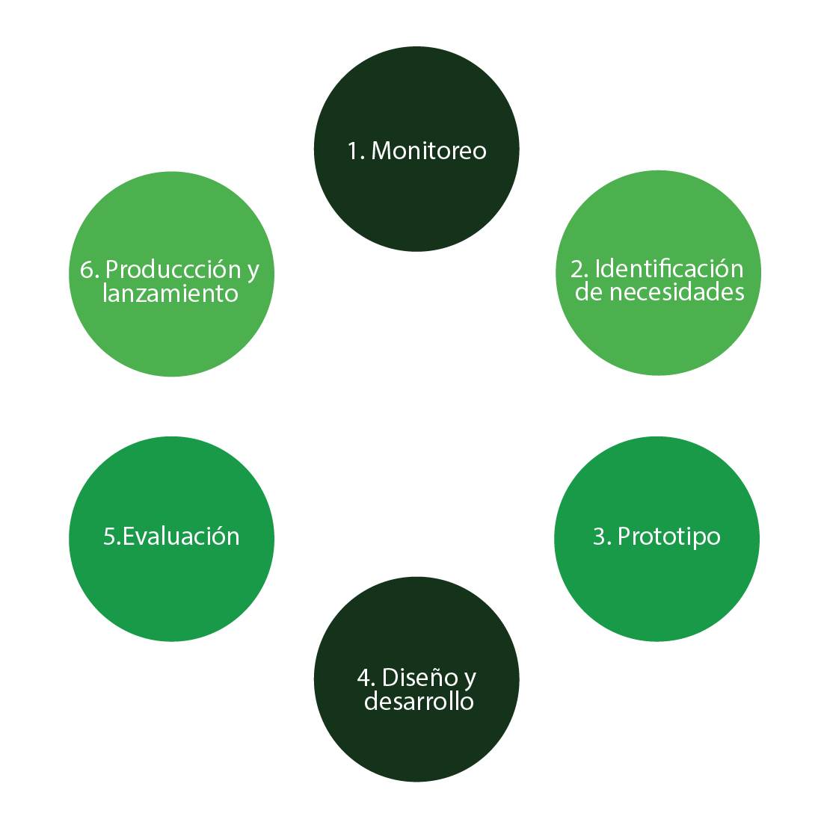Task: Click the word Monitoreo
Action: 428,151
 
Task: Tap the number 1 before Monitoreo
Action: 353,151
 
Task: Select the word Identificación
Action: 668,268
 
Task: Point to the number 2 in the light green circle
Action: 577,269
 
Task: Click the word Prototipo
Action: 668,537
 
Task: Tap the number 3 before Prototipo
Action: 600,537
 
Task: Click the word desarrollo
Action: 419,702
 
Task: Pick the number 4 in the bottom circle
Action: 365,678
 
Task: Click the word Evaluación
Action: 181,537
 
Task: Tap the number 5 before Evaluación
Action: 109,537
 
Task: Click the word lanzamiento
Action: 170,294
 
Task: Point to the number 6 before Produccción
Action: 86,269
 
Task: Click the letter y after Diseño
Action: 470,679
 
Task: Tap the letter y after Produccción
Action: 253,271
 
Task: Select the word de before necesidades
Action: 588,292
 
